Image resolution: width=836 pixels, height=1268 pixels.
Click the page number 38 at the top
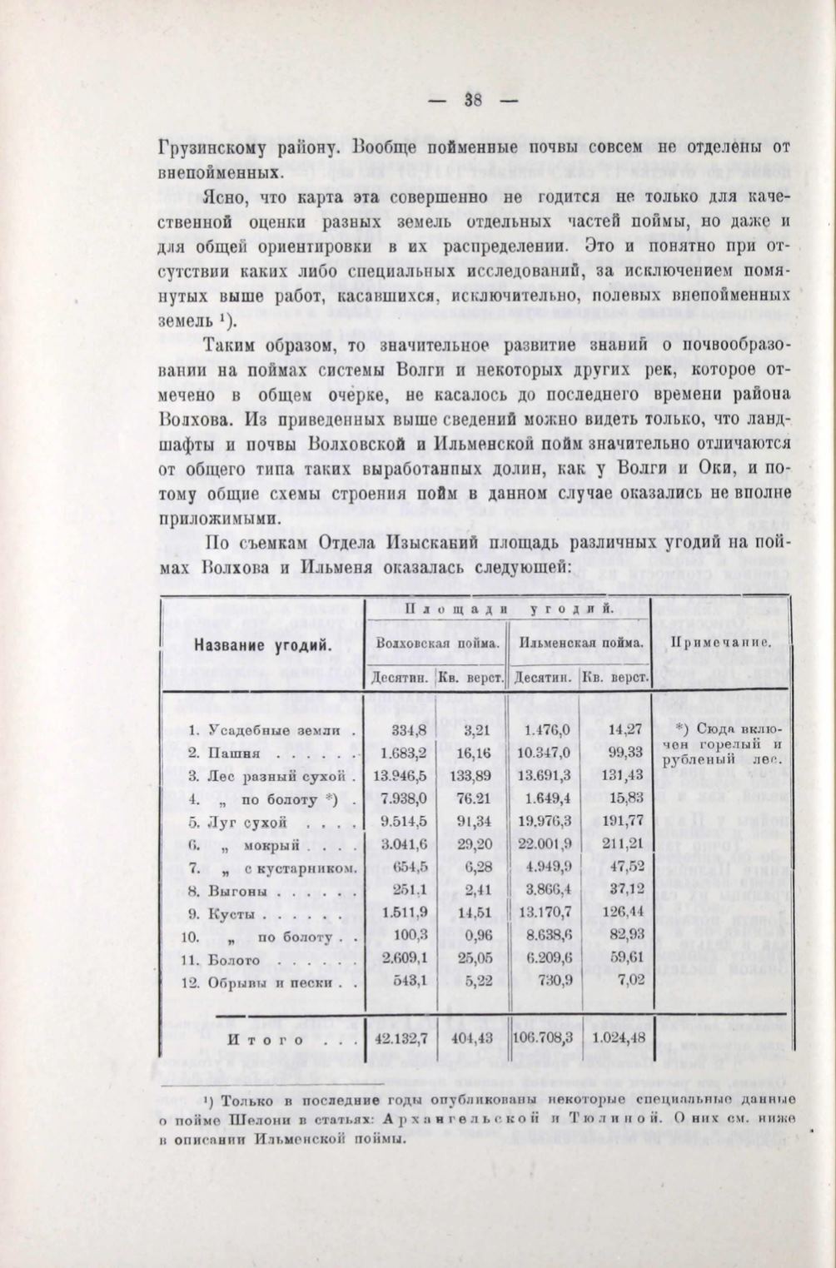[x=474, y=99]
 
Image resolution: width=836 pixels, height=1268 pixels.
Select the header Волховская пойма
[x=437, y=643]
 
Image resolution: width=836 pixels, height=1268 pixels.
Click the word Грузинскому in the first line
[x=213, y=150]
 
